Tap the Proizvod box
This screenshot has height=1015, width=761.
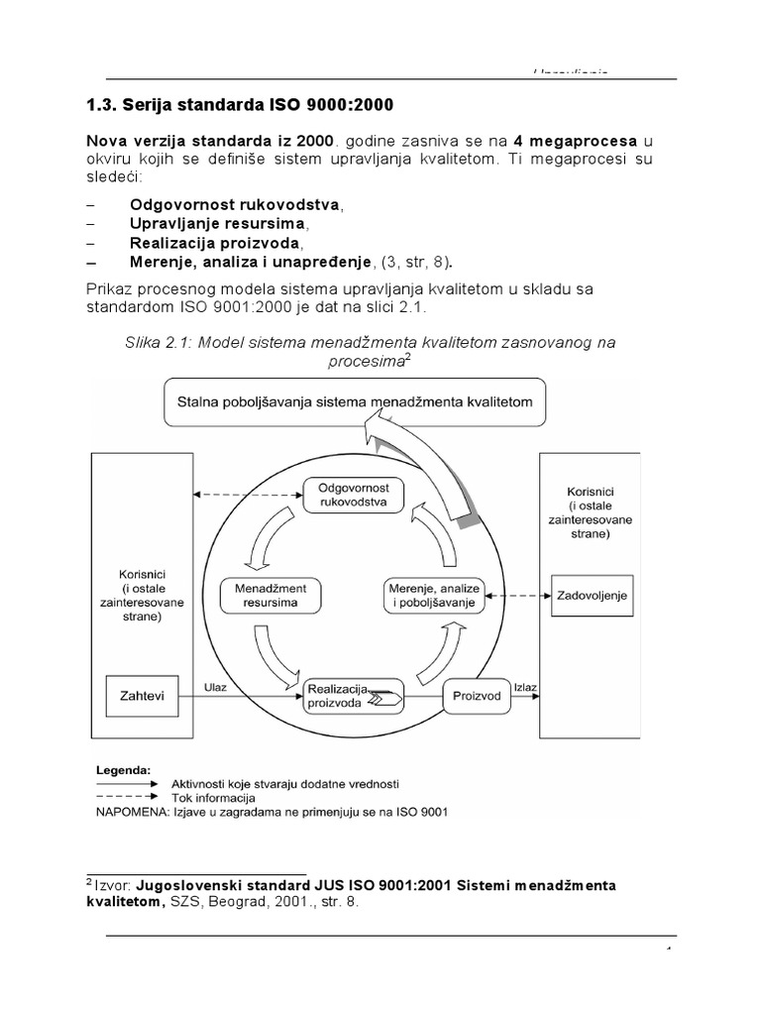[x=477, y=695]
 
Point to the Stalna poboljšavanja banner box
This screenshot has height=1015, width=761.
[x=354, y=401]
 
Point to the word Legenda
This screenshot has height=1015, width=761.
[x=124, y=768]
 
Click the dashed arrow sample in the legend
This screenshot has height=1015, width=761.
[x=127, y=797]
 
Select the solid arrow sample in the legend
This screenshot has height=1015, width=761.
[x=127, y=783]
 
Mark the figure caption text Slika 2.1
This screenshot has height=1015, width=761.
[x=159, y=342]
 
